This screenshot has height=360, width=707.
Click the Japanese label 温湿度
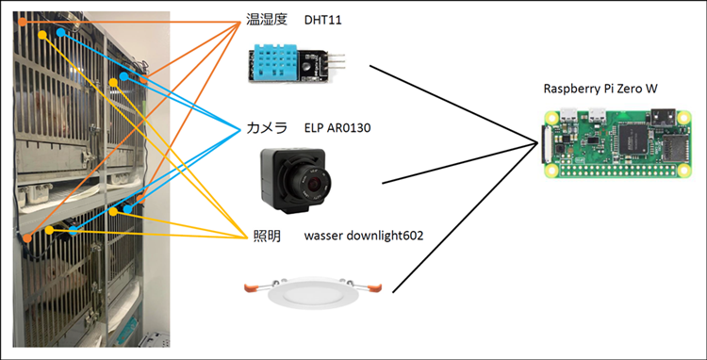click(x=267, y=20)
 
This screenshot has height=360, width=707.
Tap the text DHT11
click(x=322, y=21)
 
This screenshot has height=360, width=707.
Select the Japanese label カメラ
click(x=267, y=128)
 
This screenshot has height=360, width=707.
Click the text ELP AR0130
click(x=337, y=129)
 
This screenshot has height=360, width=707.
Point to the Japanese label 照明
click(x=267, y=236)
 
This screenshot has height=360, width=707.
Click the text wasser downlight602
click(x=364, y=236)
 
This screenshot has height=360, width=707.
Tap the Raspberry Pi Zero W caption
click(x=600, y=89)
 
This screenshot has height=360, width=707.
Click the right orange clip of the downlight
click(x=374, y=286)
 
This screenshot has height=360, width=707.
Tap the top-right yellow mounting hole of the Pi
click(x=684, y=117)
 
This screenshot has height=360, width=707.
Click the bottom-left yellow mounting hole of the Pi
click(x=550, y=172)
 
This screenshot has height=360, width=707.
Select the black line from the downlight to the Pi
click(x=466, y=218)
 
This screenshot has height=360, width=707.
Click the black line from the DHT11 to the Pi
click(x=454, y=105)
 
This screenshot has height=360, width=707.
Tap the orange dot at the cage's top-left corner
click(x=23, y=21)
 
